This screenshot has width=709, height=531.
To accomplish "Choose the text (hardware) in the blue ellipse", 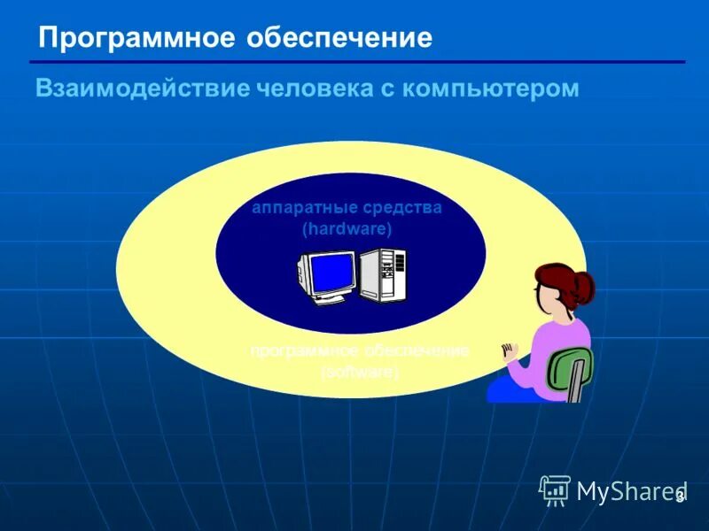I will tap(347, 228).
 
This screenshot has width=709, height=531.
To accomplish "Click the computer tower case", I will tap(383, 276).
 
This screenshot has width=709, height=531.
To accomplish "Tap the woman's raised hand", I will tap(509, 352).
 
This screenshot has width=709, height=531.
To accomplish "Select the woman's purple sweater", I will tap(557, 350).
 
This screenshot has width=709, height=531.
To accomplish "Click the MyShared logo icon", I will tap(555, 489).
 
